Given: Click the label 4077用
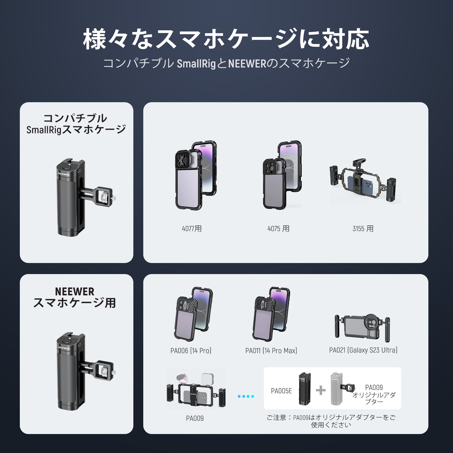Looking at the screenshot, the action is point(192,228).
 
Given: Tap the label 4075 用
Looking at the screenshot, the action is point(278,228).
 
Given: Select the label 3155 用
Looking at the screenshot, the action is point(363,228).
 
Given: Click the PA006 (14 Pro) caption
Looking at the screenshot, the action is point(191,351).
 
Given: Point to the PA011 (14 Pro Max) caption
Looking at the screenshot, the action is point(271,351).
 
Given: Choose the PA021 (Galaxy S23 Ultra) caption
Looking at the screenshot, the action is point(363,350).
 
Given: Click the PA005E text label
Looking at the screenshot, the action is point(281,391).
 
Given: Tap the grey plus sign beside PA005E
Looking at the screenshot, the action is point(321,391).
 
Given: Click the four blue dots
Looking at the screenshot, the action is point(246,396).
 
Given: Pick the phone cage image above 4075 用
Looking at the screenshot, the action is point(282,176).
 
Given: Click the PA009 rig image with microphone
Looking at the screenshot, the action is point(195,390).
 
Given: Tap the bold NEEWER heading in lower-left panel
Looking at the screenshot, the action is point(75,291).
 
